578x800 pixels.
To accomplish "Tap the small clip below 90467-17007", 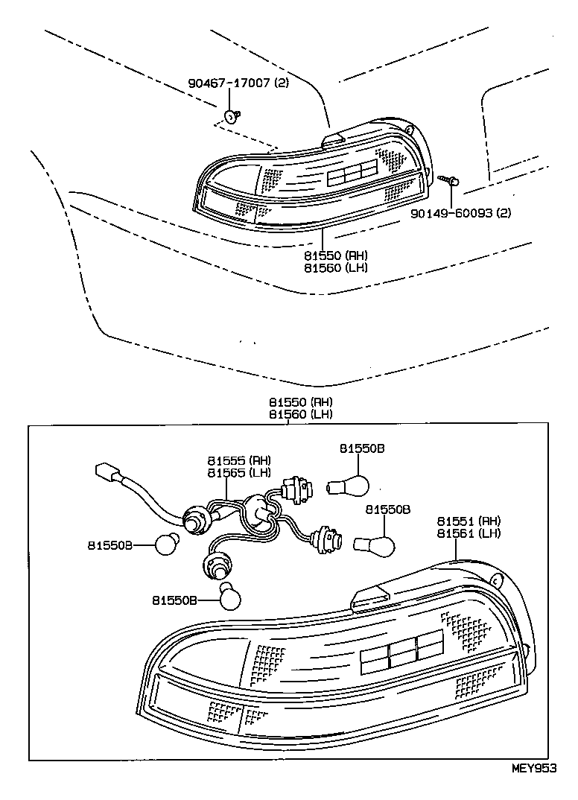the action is [x=232, y=117].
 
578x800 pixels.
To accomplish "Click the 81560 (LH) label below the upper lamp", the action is [x=336, y=267].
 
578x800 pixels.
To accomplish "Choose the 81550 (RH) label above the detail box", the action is [x=301, y=402].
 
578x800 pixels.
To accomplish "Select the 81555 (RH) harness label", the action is [x=239, y=461].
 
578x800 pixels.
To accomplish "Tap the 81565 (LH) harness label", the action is [x=239, y=473].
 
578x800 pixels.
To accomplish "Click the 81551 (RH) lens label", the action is [x=469, y=521].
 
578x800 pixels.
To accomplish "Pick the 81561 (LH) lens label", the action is [x=469, y=533].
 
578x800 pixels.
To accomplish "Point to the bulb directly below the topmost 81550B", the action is [x=346, y=486].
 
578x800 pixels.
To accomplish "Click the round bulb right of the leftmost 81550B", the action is [x=167, y=544].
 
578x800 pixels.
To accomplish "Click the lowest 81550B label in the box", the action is [x=174, y=600].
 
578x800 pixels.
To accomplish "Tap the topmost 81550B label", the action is [x=362, y=448].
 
